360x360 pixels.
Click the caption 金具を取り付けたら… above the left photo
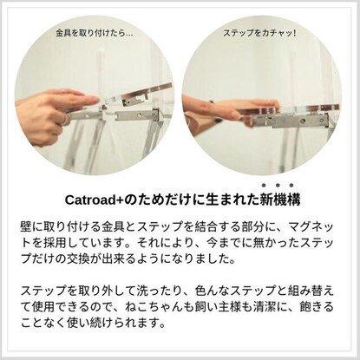coord(93,34)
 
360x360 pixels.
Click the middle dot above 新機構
coord(276,185)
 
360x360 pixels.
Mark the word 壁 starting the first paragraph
coord(26,225)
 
